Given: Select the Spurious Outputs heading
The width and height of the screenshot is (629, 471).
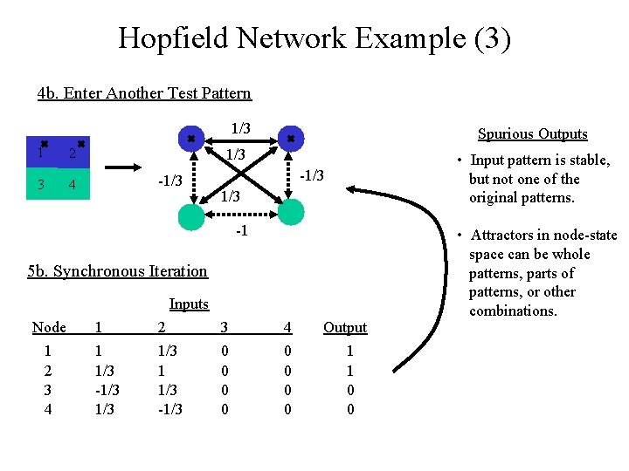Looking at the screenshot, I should click(532, 134).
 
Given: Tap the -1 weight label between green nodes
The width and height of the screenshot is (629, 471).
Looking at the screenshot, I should click(242, 231).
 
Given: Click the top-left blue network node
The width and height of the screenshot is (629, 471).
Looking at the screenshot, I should click(190, 138).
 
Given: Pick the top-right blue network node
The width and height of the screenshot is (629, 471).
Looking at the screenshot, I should click(290, 138).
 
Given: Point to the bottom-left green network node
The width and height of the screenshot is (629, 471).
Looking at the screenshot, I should click(190, 215).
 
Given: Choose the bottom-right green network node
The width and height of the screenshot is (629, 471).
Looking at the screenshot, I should click(290, 212).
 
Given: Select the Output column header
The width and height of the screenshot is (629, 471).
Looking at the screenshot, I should click(345, 328).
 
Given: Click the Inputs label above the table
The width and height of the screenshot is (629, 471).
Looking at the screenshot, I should click(189, 304).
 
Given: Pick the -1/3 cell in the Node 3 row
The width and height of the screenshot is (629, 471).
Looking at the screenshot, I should click(107, 389).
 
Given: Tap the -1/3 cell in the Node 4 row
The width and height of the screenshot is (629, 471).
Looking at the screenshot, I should click(170, 408).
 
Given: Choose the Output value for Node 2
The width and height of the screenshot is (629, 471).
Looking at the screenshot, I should click(350, 370).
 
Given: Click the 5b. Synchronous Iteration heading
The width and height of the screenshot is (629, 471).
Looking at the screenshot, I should click(117, 271).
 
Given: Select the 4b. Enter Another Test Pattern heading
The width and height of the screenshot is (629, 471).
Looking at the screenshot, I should click(144, 93).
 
